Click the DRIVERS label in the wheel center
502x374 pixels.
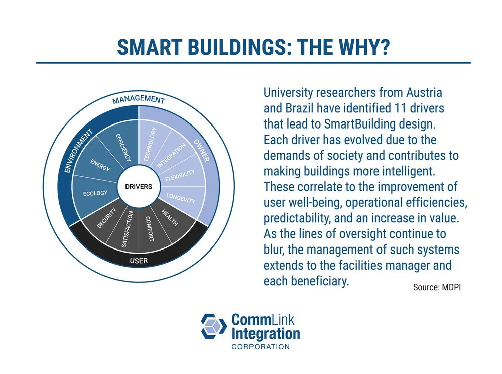point(138,187)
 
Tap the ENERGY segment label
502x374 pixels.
point(100,165)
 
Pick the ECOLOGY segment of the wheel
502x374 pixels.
point(95,193)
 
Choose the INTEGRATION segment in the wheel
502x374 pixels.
point(171,156)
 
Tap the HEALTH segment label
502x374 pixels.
point(170,218)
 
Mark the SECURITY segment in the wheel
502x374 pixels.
point(107,218)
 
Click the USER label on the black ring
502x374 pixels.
point(139,261)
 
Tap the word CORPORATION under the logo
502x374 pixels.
point(260,347)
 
